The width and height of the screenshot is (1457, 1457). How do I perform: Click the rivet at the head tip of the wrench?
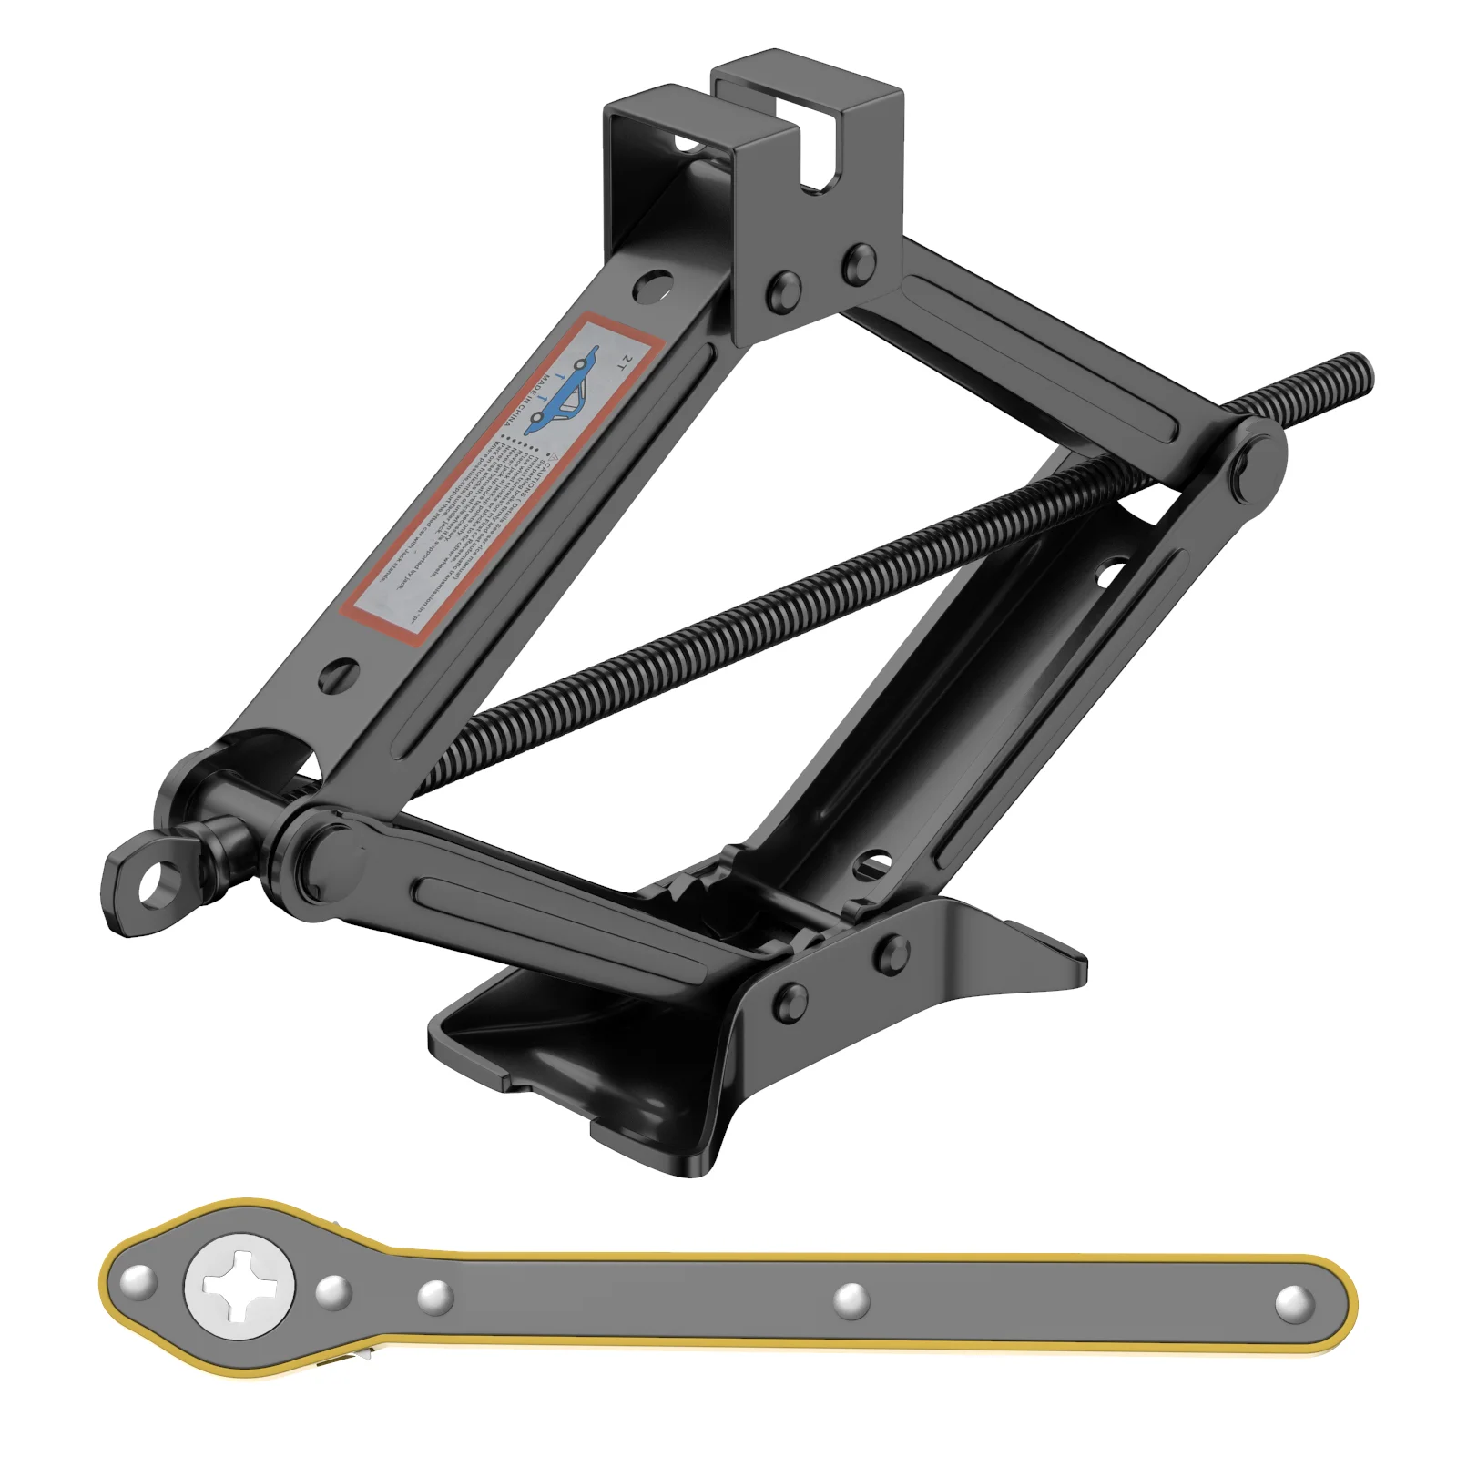pyautogui.click(x=138, y=1281)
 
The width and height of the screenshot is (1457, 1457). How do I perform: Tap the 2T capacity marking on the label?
pyautogui.click(x=622, y=362)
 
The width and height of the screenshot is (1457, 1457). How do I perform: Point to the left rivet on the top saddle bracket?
pyautogui.click(x=784, y=289)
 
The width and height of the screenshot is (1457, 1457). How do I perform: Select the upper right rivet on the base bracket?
pyautogui.click(x=892, y=952)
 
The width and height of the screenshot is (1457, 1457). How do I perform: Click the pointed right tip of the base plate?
pyautogui.click(x=1084, y=958)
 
